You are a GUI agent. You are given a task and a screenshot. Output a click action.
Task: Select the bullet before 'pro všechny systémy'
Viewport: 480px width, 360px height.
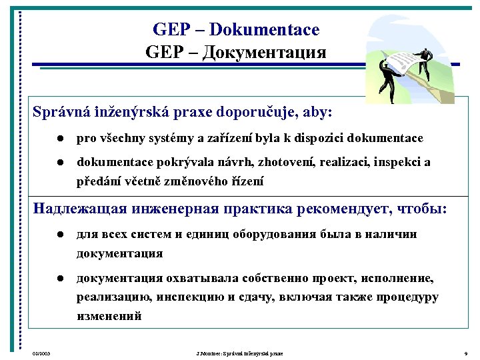point(60,139)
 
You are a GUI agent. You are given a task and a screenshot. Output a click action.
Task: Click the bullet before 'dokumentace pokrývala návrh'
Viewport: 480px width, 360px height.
point(60,162)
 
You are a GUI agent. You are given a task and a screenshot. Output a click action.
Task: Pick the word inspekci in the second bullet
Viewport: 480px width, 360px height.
point(395,162)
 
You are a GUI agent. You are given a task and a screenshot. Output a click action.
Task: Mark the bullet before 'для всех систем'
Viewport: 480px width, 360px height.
point(60,235)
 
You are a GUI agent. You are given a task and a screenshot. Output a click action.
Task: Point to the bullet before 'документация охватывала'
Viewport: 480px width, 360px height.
point(60,277)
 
